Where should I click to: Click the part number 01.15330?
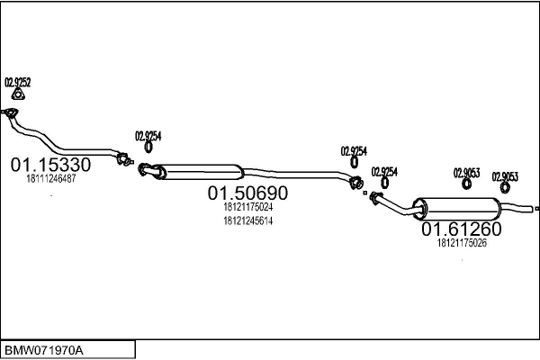[50, 165]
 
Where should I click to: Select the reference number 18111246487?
[51, 179]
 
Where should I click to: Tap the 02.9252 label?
[18, 83]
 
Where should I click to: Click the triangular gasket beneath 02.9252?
[18, 94]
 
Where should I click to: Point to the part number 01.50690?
[247, 193]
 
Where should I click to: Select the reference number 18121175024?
[248, 207]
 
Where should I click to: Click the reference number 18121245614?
[248, 220]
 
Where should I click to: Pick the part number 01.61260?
[462, 229]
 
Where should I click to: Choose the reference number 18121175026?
[462, 243]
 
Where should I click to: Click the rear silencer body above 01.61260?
[458, 209]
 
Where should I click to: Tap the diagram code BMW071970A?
[44, 351]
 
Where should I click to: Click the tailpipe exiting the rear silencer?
[517, 207]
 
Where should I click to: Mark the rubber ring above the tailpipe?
[505, 188]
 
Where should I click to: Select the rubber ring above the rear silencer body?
[466, 184]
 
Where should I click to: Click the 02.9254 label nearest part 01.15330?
[148, 137]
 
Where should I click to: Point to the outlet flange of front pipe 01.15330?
[123, 158]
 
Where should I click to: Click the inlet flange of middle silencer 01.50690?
[145, 169]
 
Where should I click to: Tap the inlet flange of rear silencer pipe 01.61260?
[374, 198]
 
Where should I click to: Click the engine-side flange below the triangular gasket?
[11, 112]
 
